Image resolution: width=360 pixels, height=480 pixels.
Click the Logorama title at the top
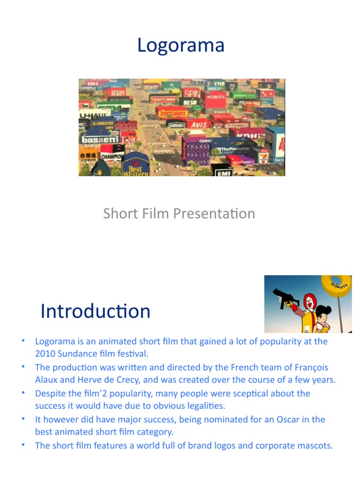[180, 46]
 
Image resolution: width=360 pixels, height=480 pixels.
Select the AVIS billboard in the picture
[199, 125]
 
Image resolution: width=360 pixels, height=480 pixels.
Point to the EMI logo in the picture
[223, 172]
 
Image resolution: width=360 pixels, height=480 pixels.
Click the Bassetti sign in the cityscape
[101, 140]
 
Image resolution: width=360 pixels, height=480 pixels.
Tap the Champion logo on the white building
[112, 156]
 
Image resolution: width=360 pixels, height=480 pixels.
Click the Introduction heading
[96, 311]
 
